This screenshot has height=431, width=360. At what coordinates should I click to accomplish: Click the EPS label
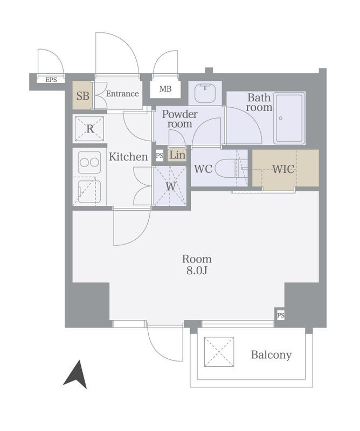tap(51, 80)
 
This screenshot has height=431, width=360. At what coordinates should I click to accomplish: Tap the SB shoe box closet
tap(82, 95)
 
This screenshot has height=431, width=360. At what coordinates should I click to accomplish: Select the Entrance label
tap(122, 94)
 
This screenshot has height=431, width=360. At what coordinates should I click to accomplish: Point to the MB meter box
tap(165, 88)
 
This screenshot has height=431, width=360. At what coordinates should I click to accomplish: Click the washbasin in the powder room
tap(205, 93)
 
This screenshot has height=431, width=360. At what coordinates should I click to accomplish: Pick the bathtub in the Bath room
tap(289, 118)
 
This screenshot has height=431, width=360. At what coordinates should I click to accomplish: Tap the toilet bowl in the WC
tap(226, 169)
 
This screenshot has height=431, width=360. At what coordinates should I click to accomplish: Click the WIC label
tap(283, 169)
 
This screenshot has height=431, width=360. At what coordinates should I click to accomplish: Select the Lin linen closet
tap(177, 155)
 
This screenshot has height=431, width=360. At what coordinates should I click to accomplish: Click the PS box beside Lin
tap(160, 155)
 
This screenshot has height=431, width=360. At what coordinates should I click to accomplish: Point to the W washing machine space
tap(170, 186)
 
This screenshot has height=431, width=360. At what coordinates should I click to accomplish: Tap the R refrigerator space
tap(89, 129)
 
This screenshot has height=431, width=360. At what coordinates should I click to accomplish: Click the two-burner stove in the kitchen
tap(89, 163)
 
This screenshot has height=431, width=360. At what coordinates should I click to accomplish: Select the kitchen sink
tap(89, 192)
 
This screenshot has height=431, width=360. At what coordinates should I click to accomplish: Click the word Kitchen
tap(128, 157)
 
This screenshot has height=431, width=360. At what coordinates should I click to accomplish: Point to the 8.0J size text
tap(197, 271)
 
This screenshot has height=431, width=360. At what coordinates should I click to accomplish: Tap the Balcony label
tap(271, 355)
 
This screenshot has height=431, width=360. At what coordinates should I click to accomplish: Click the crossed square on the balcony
tap(219, 352)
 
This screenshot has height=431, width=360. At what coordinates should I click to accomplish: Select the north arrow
tap(76, 374)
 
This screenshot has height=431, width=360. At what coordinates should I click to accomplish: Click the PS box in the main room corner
tap(281, 315)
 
